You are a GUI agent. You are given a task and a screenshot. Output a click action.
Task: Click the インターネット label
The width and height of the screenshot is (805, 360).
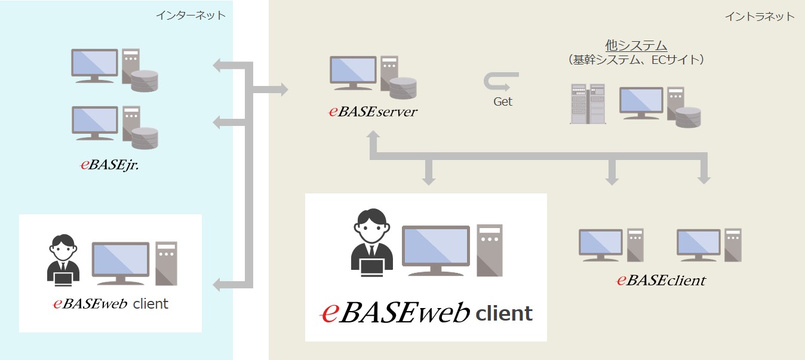[191, 16]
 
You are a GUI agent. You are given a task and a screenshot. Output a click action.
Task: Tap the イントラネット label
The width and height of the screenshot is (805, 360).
[760, 16]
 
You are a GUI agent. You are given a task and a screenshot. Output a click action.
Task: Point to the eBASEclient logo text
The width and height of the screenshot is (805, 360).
[661, 280]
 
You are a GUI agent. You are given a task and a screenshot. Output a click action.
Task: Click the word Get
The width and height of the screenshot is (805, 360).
[502, 101]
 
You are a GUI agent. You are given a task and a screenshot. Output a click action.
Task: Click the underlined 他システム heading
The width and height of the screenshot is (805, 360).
[636, 45]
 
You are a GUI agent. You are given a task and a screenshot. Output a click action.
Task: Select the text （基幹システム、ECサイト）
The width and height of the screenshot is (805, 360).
[636, 60]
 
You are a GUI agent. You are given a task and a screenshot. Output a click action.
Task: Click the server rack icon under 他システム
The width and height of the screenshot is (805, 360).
[588, 104]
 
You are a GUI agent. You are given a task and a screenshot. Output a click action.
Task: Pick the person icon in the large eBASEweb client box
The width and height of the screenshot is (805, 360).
[371, 243]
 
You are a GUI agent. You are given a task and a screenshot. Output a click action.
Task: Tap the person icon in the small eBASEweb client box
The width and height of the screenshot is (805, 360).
[63, 259]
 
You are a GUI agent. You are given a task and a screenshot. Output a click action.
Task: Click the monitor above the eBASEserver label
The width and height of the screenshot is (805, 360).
[354, 71]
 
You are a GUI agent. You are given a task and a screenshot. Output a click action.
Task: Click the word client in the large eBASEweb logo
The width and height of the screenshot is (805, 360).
[504, 313]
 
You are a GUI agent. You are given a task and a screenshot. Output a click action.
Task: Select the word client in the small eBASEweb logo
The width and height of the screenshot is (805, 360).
[150, 304]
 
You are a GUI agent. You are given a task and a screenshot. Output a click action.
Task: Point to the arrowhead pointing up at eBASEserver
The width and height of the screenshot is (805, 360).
[373, 137]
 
